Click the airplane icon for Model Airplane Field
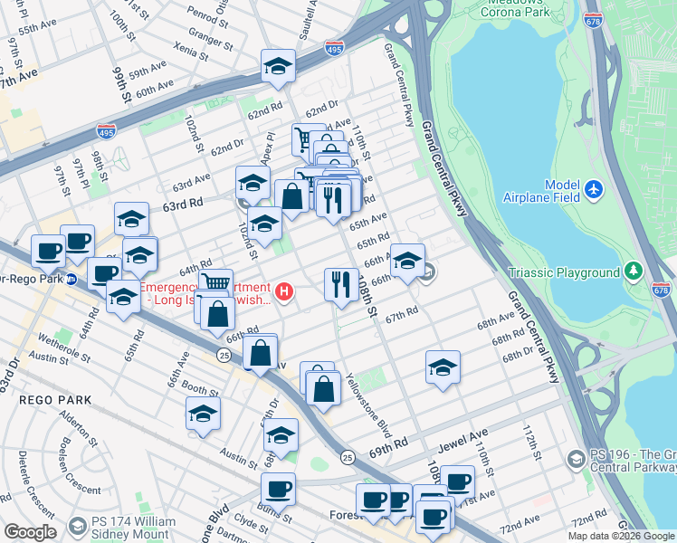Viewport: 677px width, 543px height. [593, 189]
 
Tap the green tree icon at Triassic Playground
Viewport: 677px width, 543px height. [634, 271]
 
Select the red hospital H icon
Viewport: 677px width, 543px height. [285, 291]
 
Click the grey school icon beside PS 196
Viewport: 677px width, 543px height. [575, 461]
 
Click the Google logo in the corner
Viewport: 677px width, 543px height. [30, 532]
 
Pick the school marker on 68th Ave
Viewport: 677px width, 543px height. [443, 367]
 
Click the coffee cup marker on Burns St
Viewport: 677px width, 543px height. [278, 489]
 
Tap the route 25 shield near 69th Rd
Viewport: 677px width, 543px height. [348, 459]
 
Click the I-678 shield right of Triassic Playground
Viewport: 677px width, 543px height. [662, 291]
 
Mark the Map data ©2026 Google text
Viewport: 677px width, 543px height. [621, 535]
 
